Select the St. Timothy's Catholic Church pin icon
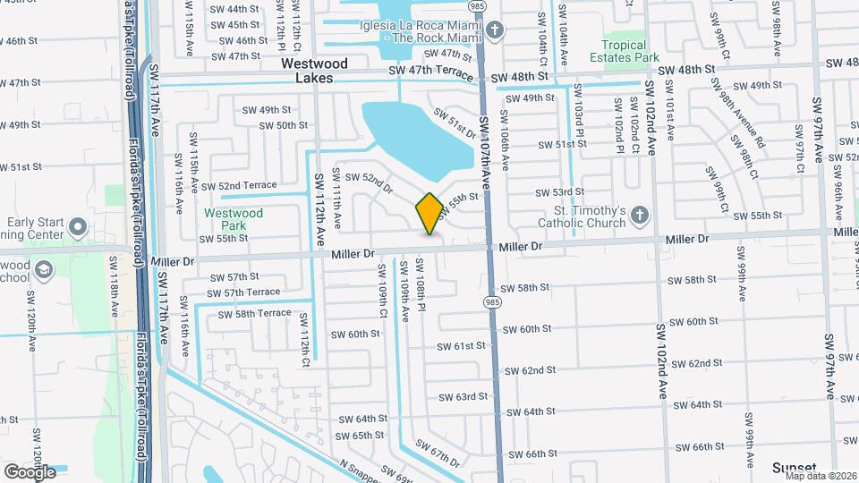pyautogui.click(x=638, y=215)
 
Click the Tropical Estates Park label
pyautogui.click(x=624, y=51)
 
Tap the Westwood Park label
pyautogui.click(x=234, y=219)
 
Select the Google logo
pyautogui.click(x=30, y=471)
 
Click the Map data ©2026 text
pyautogui.click(x=823, y=475)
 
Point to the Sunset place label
pyautogui.click(x=795, y=467)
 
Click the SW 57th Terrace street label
pyautogui.click(x=245, y=292)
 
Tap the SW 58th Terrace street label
pyautogui.click(x=251, y=313)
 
